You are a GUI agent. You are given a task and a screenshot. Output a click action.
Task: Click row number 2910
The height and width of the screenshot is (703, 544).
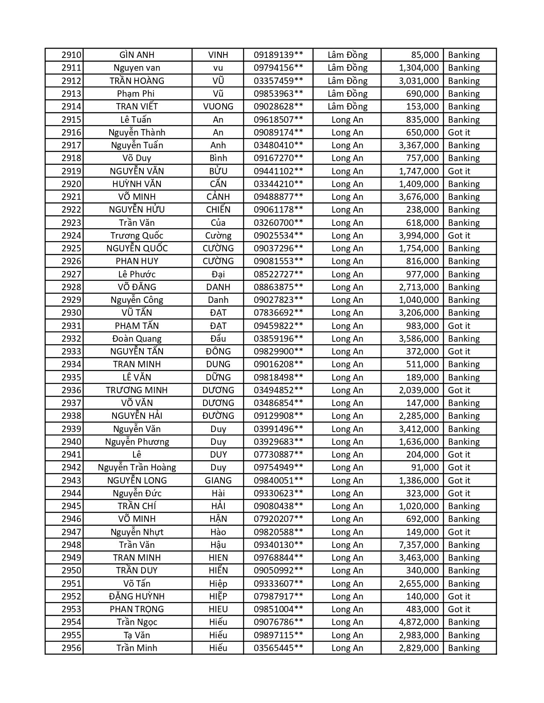point(71,55)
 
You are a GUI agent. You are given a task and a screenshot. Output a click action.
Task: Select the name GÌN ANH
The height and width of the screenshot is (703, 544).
point(137,55)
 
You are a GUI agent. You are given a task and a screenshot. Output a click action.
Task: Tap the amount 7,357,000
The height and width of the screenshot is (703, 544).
point(419,545)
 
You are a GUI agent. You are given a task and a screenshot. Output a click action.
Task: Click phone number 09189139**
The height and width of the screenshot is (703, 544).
point(278,55)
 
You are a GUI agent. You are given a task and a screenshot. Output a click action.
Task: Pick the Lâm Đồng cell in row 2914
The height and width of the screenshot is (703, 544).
point(347,107)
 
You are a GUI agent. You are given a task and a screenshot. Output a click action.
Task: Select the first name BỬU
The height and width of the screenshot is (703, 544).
point(218,171)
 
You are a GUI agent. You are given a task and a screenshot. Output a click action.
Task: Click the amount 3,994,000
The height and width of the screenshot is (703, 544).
point(419,235)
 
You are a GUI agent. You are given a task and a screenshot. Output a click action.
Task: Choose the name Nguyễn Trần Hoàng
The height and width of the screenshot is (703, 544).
point(137,467)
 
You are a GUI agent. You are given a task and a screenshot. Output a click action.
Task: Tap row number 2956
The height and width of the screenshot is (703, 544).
point(71,648)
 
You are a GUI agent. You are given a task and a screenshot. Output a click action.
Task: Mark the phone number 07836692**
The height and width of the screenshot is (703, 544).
point(278,313)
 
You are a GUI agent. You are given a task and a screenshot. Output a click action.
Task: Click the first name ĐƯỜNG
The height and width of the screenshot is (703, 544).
point(218,416)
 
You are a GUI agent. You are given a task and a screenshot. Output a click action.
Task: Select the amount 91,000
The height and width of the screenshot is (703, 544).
point(425,467)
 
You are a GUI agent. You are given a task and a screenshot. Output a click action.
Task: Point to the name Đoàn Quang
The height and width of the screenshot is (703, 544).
point(137,339)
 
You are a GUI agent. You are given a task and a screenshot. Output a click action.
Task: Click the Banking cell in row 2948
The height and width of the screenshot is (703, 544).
point(464,545)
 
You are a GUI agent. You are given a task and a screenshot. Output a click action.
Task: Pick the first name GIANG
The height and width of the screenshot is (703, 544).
point(218,480)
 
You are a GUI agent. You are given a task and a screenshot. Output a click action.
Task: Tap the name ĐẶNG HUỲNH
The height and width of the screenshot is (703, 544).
point(137,596)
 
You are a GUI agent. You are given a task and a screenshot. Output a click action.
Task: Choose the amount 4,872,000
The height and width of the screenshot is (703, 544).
point(419,622)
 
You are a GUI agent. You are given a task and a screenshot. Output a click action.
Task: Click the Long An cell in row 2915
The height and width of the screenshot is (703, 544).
point(347,119)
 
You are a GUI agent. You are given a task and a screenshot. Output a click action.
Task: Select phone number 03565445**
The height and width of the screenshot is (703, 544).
point(278,648)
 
